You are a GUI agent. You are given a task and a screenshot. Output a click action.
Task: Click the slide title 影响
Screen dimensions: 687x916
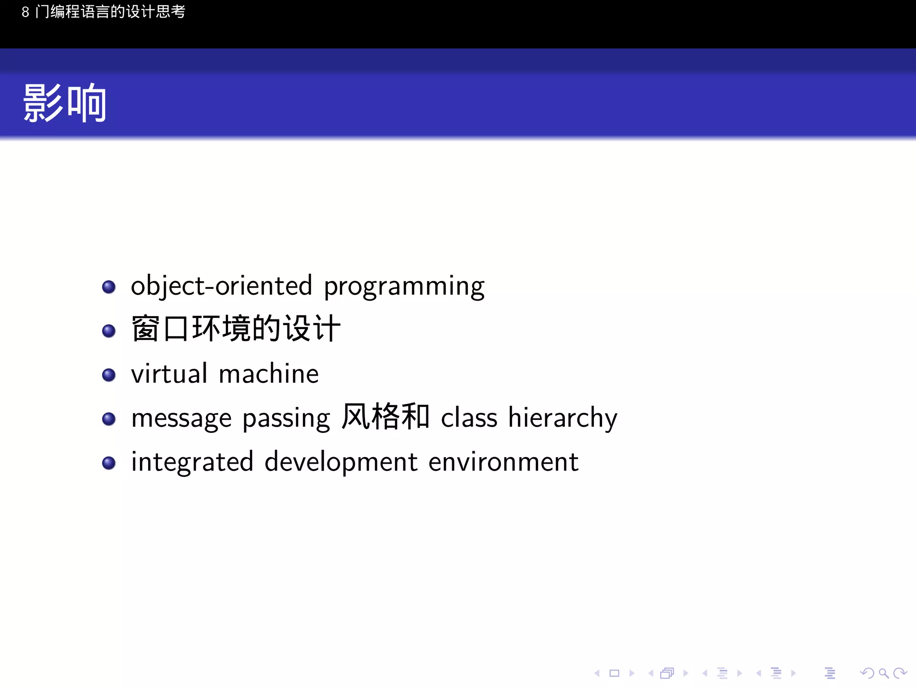[x=65, y=104]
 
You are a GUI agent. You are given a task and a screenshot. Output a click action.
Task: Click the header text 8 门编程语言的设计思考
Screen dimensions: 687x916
[x=103, y=12]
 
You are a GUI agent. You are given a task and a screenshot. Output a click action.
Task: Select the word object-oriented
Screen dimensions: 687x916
[x=221, y=286]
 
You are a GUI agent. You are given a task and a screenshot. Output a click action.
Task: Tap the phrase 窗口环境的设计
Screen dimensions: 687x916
[x=236, y=329]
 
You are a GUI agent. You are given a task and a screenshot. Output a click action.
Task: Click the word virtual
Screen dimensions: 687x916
[x=169, y=373]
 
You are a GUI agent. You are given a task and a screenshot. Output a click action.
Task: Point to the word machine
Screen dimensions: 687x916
[x=269, y=374]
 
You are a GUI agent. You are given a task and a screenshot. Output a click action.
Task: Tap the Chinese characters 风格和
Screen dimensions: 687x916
[x=385, y=416]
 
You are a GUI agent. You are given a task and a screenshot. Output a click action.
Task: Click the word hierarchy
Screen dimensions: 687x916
[x=562, y=418]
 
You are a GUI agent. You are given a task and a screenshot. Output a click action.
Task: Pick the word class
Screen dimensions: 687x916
[x=469, y=418]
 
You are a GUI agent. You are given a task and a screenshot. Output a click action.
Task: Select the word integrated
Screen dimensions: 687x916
[x=192, y=462]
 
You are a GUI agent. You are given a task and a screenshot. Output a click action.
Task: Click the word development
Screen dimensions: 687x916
[x=341, y=462]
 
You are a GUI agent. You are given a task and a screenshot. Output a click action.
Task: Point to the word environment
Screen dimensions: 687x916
[x=503, y=462]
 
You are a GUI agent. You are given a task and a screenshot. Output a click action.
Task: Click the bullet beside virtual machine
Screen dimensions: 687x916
[x=109, y=375]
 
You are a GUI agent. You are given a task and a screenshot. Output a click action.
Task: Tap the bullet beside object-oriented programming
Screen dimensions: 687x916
[x=109, y=287]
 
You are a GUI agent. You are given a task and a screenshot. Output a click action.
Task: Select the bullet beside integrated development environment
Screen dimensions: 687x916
[x=109, y=463]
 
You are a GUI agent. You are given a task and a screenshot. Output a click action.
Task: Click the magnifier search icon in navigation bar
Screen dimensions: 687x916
[x=883, y=673]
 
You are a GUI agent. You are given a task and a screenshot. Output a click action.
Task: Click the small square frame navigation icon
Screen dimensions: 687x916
[x=614, y=673]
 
